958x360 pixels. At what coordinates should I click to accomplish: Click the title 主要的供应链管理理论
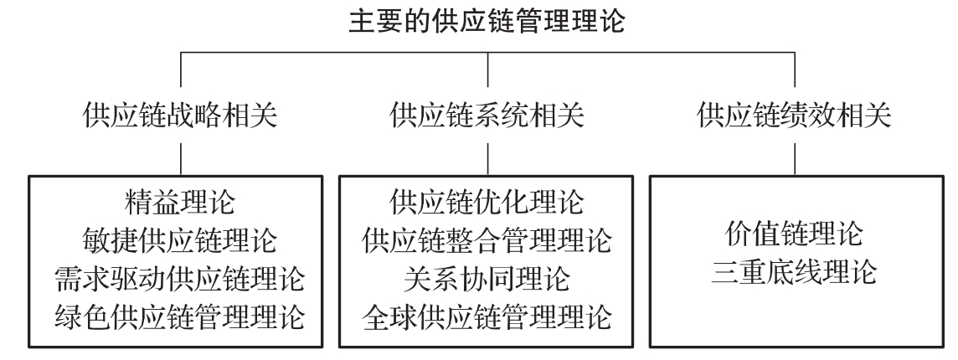(487, 20)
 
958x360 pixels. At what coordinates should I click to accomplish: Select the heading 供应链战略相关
(180, 116)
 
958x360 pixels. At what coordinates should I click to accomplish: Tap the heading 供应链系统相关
(487, 116)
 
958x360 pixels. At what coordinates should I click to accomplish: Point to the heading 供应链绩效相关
(795, 116)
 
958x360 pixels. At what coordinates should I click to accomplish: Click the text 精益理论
(180, 202)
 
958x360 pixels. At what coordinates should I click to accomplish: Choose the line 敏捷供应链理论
(180, 240)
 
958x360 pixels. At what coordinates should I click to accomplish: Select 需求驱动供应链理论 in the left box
(180, 279)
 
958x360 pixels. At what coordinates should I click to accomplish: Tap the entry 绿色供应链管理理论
(180, 317)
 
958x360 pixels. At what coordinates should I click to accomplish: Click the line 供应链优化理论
(487, 202)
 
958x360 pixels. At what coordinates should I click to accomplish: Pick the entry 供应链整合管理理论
(487, 240)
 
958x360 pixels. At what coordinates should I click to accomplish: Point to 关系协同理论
(487, 279)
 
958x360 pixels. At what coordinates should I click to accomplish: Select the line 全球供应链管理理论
(487, 317)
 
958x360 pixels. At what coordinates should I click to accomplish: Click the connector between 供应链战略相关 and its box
(181, 160)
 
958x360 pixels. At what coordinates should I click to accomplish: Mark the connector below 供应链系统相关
(488, 160)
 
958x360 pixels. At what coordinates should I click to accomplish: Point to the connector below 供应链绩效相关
(795, 160)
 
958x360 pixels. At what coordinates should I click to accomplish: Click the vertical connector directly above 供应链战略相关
(181, 69)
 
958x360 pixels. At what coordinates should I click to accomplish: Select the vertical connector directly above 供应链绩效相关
(795, 69)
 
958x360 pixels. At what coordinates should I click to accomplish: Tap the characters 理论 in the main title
(598, 20)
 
